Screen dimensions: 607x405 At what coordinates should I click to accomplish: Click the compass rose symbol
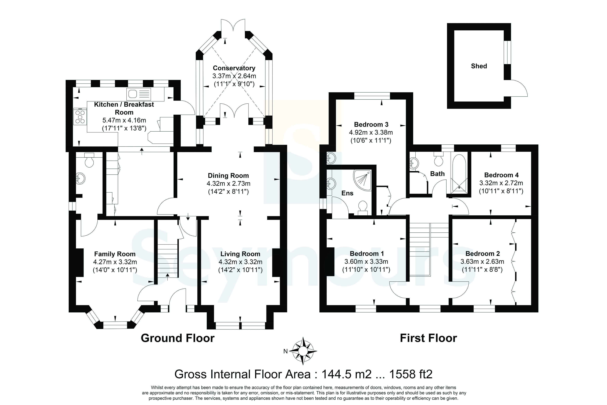click(x=303, y=351)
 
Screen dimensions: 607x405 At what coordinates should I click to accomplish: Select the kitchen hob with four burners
click(x=80, y=116)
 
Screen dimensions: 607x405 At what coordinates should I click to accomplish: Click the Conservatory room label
click(x=234, y=68)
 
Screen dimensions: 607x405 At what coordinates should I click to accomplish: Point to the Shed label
click(x=479, y=66)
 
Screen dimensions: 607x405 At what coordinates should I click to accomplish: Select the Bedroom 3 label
click(x=371, y=124)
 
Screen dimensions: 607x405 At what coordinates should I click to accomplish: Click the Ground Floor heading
click(x=177, y=338)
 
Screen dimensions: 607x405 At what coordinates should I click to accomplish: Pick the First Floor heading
click(x=428, y=338)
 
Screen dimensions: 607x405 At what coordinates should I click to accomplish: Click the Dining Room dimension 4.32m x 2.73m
click(x=228, y=184)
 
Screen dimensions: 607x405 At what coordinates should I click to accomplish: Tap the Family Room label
click(x=115, y=254)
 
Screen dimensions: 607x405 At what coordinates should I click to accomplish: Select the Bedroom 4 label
click(x=501, y=175)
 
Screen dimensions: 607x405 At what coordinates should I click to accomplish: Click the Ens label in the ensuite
click(x=347, y=193)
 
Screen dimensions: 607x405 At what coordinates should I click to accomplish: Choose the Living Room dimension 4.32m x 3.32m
click(x=240, y=262)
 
